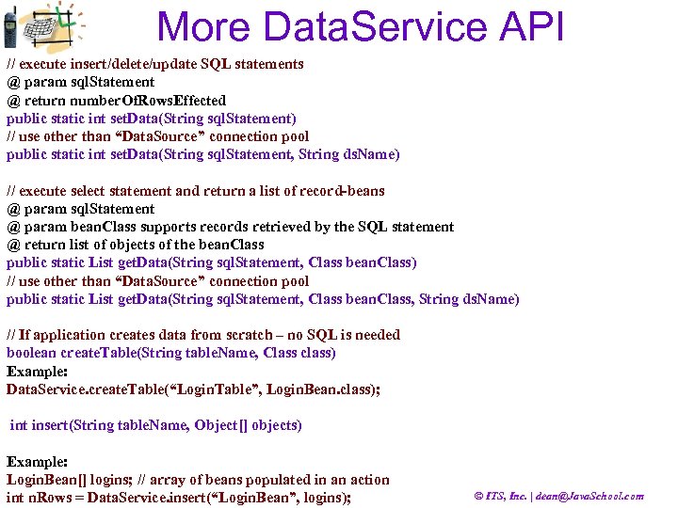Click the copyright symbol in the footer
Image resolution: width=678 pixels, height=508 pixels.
click(x=479, y=497)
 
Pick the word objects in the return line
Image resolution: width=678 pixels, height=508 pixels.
click(x=116, y=245)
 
